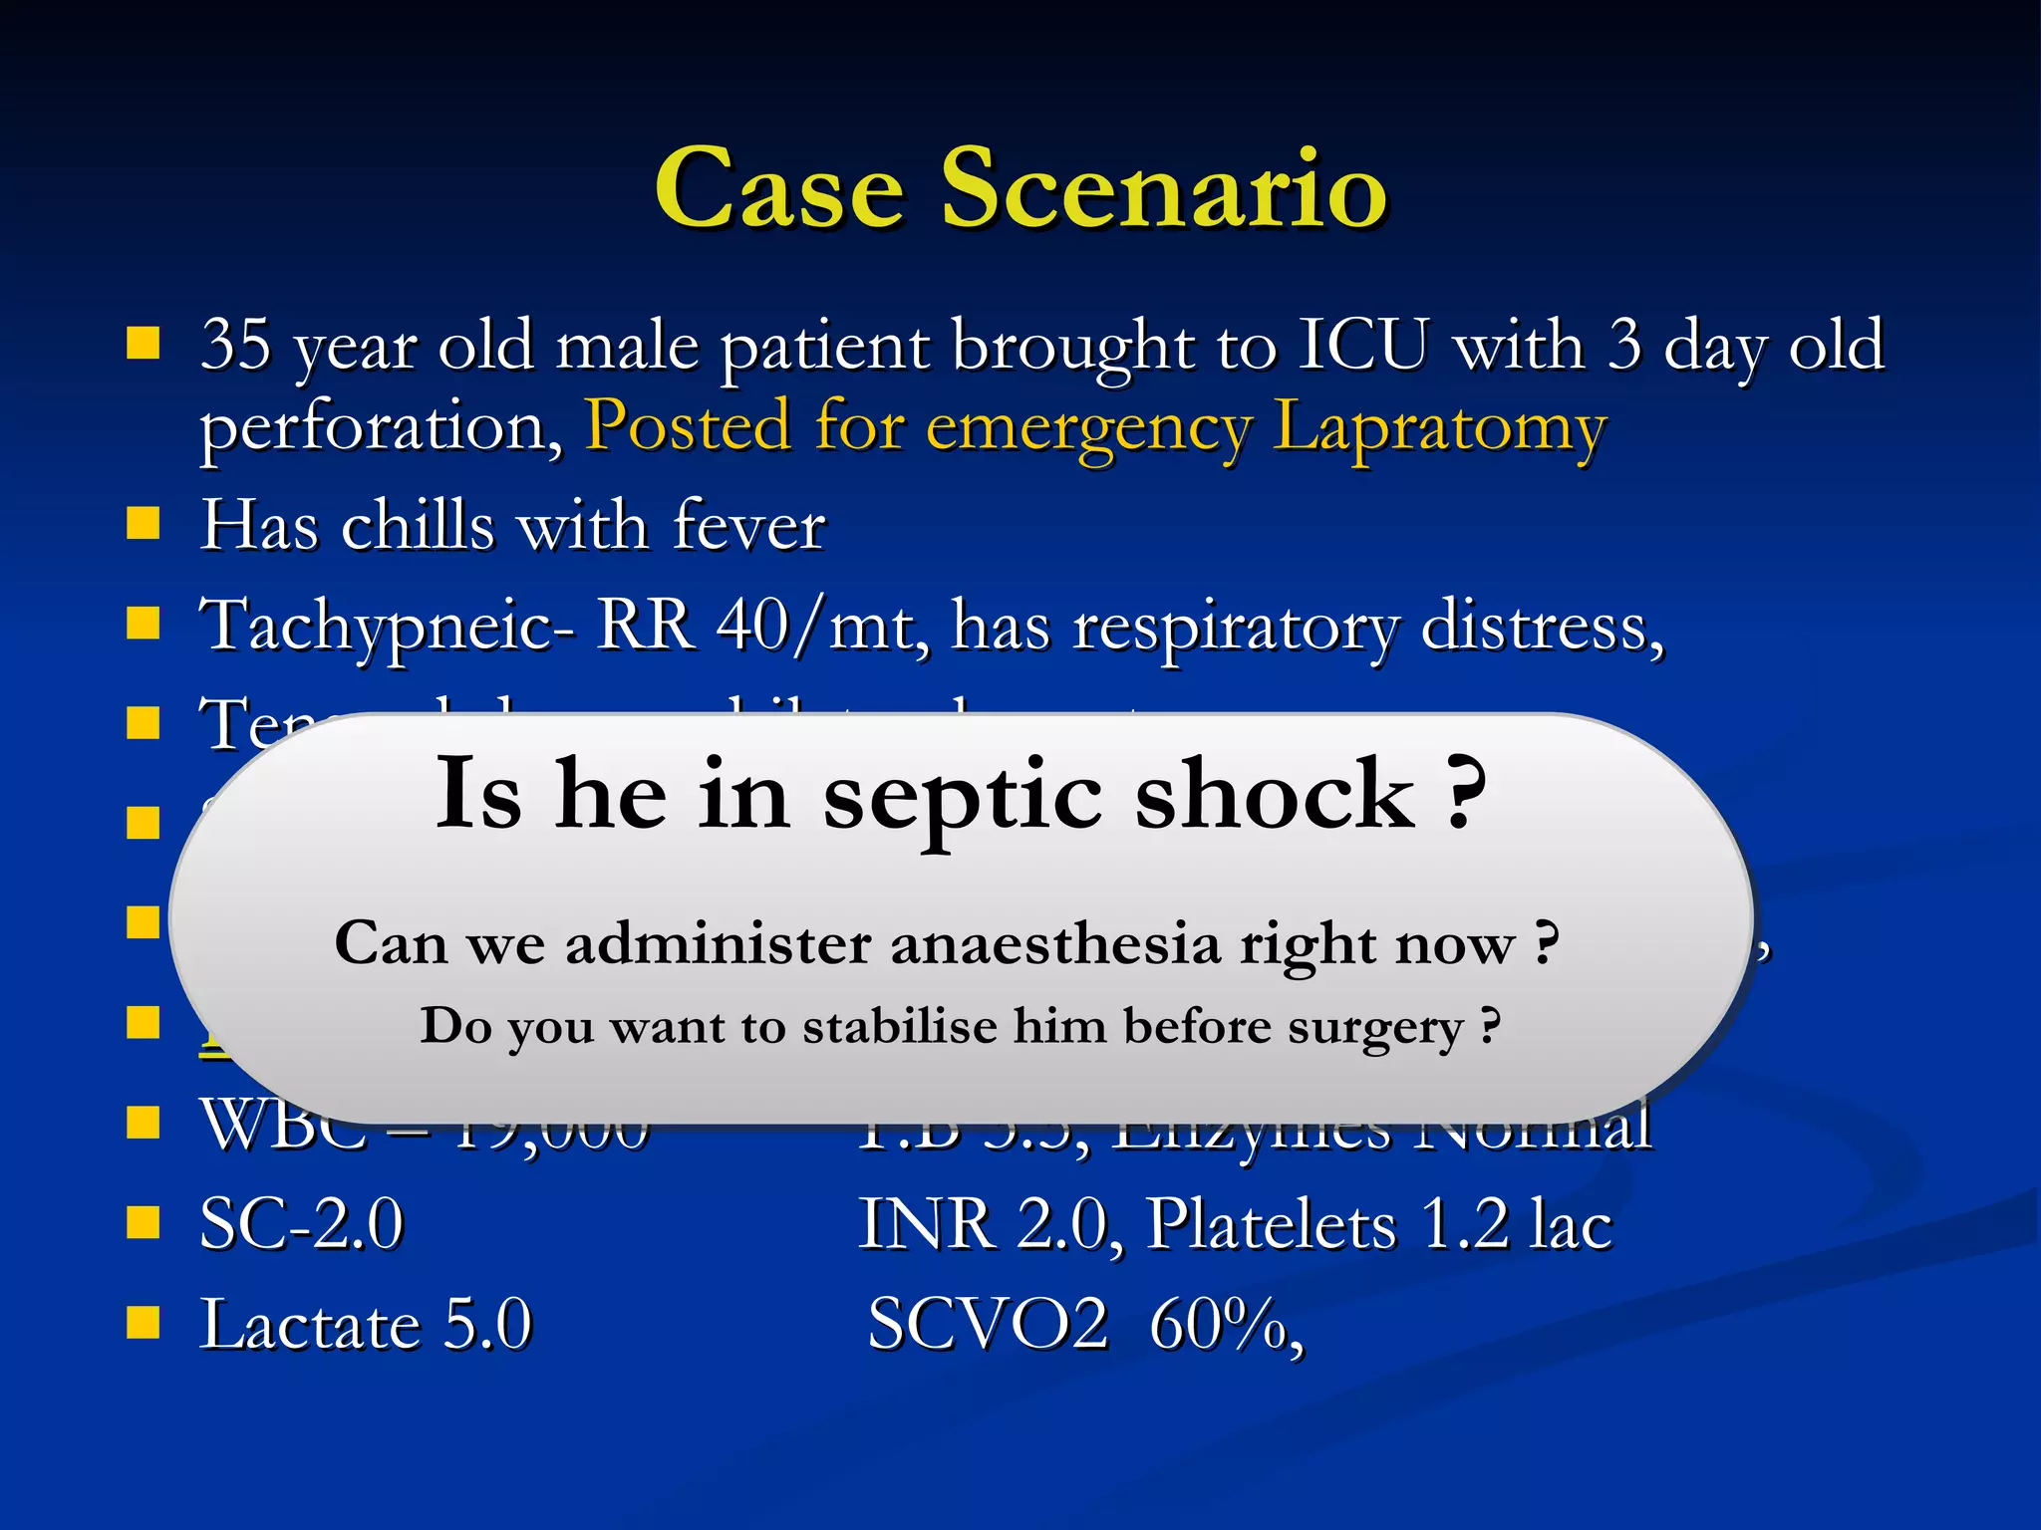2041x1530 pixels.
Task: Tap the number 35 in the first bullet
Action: pyautogui.click(x=236, y=345)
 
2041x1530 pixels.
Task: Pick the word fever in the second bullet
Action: pyautogui.click(x=748, y=525)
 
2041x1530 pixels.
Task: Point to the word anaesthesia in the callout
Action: pyautogui.click(x=1054, y=943)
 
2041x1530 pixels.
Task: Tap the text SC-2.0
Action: pyautogui.click(x=302, y=1224)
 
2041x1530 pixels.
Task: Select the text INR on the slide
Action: pyautogui.click(x=927, y=1224)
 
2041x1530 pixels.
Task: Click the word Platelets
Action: pyautogui.click(x=1271, y=1224)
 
